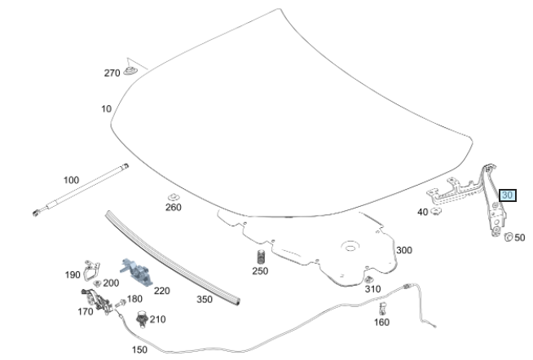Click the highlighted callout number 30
pos(508,195)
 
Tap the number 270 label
pos(112,72)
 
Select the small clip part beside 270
pos(131,71)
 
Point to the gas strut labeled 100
pos(81,192)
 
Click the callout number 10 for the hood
pos(106,108)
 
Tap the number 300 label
pos(404,250)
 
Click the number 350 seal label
pos(204,299)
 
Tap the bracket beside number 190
pos(93,266)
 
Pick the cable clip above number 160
pos(381,308)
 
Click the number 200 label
pos(112,283)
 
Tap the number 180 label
pos(135,299)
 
